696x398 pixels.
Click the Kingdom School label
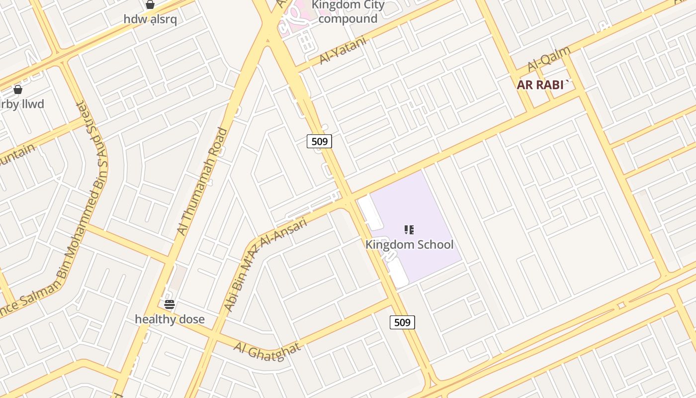(x=409, y=245)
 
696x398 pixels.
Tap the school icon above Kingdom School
(x=409, y=230)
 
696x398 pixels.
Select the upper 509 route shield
(x=319, y=141)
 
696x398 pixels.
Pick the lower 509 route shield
(x=402, y=322)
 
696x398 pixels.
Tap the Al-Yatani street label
(x=343, y=51)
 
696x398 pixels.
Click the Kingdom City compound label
(x=348, y=12)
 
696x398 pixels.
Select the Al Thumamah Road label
(x=202, y=181)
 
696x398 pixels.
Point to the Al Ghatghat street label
(x=267, y=351)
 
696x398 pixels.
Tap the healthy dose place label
(x=170, y=319)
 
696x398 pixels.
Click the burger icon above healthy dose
(x=170, y=304)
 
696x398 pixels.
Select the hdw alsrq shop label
(x=150, y=19)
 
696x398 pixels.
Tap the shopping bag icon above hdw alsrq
(x=150, y=4)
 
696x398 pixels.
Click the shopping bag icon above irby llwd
(x=18, y=90)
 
